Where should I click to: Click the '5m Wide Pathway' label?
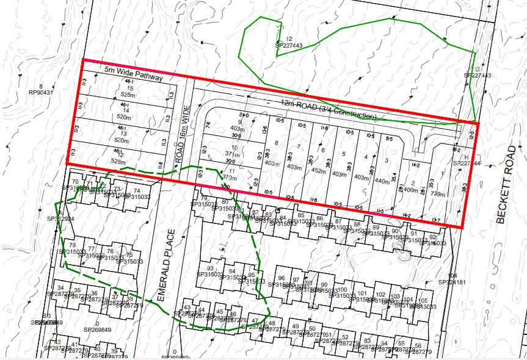coord(133,74)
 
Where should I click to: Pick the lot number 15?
coord(129,88)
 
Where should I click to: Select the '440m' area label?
coord(382,181)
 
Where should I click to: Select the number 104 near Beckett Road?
coord(452,276)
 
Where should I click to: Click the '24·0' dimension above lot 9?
coord(244,115)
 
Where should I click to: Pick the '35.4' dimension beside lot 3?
coord(394,176)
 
